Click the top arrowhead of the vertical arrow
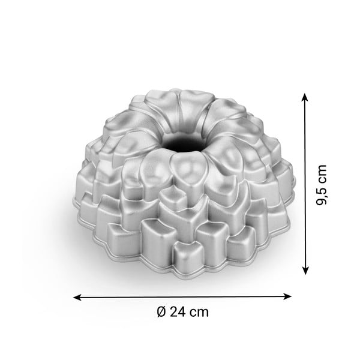coord(305,96)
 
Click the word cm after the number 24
coord(199,311)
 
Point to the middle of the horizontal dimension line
coord(182,296)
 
